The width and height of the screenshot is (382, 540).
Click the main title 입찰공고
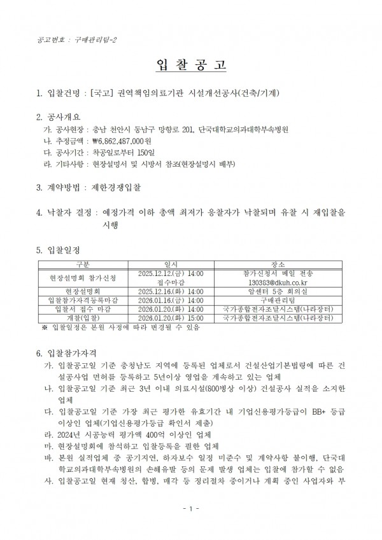(190, 66)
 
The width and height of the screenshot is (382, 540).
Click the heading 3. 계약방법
(60, 188)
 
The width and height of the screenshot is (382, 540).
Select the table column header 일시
(170, 263)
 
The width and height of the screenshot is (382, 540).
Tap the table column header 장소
(278, 263)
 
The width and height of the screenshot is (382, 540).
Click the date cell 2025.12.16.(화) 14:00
(170, 291)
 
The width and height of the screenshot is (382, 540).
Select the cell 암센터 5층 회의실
(278, 291)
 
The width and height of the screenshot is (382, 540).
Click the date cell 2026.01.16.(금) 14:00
(170, 300)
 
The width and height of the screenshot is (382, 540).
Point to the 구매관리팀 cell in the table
(278, 300)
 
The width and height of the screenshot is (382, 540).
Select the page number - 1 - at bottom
(190, 526)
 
